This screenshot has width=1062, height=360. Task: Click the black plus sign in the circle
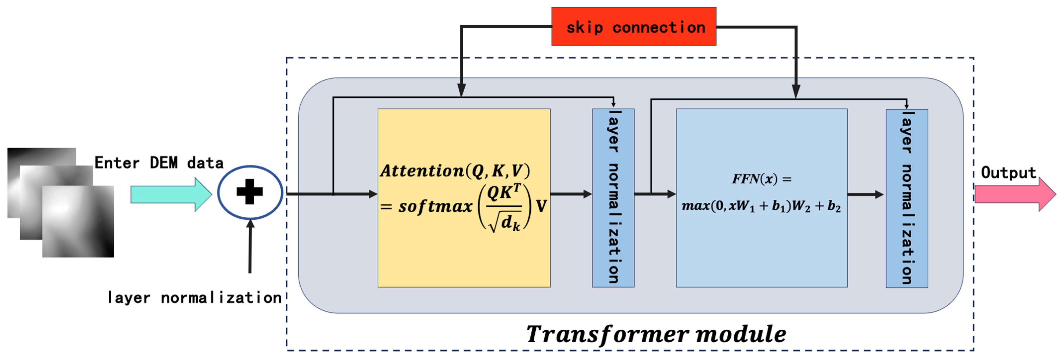[249, 192]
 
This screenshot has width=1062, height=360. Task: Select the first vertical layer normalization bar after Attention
[613, 198]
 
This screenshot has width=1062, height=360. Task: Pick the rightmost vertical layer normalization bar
[907, 198]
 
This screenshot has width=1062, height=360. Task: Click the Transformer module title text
[656, 334]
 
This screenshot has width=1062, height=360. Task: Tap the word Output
[1008, 172]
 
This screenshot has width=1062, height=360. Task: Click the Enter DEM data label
[159, 163]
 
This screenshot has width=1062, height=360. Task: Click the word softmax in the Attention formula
[435, 206]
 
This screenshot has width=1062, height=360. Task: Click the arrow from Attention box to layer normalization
[571, 194]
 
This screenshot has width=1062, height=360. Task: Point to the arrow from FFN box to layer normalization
[865, 194]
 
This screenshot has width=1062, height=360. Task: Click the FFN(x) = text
[761, 179]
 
